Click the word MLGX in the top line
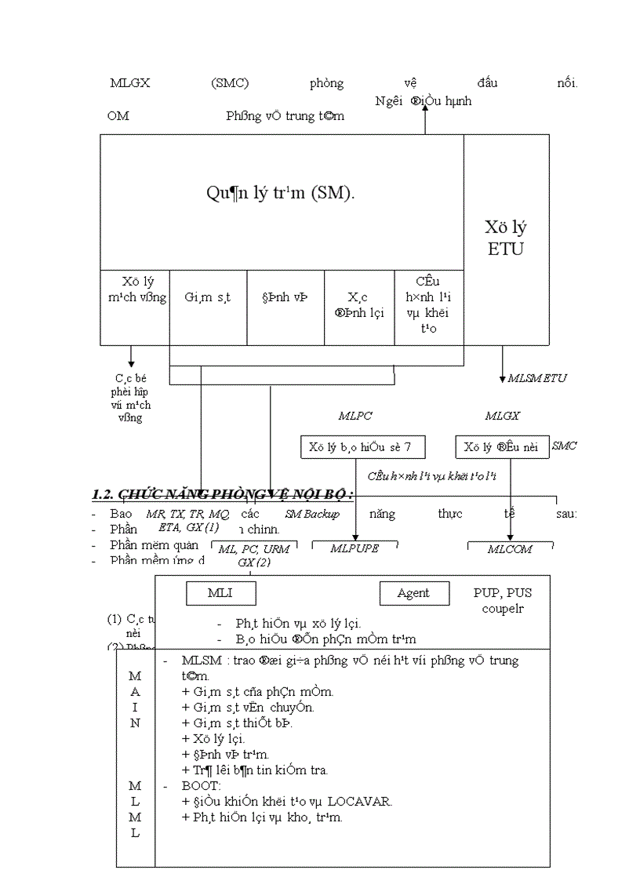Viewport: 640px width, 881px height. tap(129, 83)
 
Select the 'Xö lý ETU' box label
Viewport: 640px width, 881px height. tap(505, 238)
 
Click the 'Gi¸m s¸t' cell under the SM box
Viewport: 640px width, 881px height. tap(208, 297)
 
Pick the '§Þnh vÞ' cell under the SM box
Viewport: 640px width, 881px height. tap(285, 297)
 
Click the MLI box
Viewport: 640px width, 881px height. tap(220, 593)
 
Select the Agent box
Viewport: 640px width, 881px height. tap(413, 593)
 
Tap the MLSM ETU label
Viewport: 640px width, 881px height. tap(536, 378)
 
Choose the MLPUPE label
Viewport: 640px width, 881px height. tap(355, 548)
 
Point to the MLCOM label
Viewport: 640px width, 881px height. tap(510, 549)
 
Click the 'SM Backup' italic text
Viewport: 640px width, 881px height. tap(312, 514)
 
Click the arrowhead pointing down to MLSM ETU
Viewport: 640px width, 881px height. tap(503, 379)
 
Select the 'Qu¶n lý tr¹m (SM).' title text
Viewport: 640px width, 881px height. tap(281, 193)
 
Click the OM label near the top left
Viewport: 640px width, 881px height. tap(118, 116)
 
